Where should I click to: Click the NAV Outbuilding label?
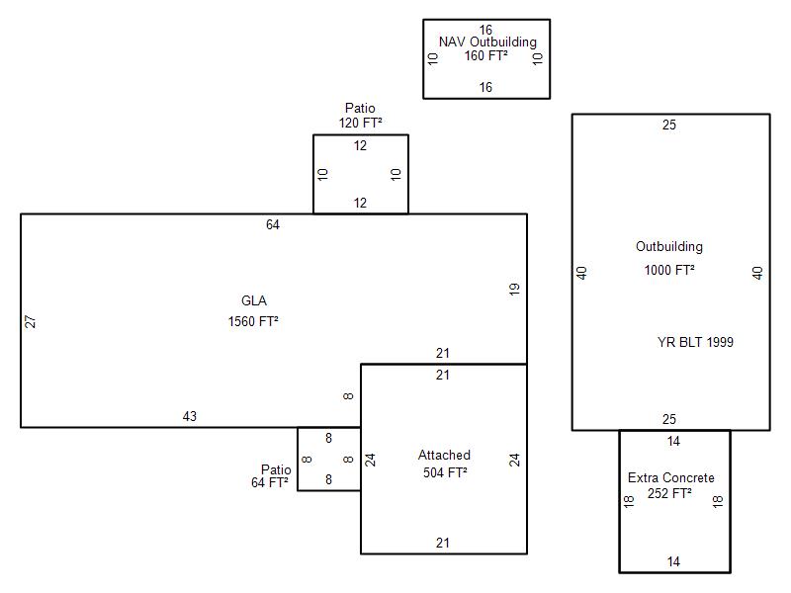pyautogui.click(x=487, y=42)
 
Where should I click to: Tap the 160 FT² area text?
pyautogui.click(x=486, y=55)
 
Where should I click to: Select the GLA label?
pyautogui.click(x=254, y=301)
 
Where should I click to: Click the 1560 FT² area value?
pyautogui.click(x=253, y=321)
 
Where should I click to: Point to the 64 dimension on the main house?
pyautogui.click(x=273, y=225)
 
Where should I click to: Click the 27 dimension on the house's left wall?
pyautogui.click(x=31, y=321)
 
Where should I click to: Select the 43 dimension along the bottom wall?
pyautogui.click(x=190, y=416)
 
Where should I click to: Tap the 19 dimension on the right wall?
pyautogui.click(x=514, y=290)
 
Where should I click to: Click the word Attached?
pyautogui.click(x=444, y=456)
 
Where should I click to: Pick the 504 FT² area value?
pyautogui.click(x=443, y=472)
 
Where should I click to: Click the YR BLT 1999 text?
pyautogui.click(x=695, y=343)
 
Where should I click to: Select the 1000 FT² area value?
pyautogui.click(x=669, y=270)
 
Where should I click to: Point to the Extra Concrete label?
pyautogui.click(x=671, y=478)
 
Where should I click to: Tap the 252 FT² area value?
pyautogui.click(x=671, y=493)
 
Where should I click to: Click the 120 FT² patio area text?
pyautogui.click(x=360, y=123)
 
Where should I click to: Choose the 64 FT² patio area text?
pyautogui.click(x=270, y=483)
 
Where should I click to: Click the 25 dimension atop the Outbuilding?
pyautogui.click(x=669, y=126)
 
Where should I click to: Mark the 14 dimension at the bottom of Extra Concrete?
pyautogui.click(x=673, y=561)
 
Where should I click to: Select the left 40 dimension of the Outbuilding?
pyautogui.click(x=582, y=273)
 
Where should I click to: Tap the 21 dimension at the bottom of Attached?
pyautogui.click(x=443, y=543)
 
